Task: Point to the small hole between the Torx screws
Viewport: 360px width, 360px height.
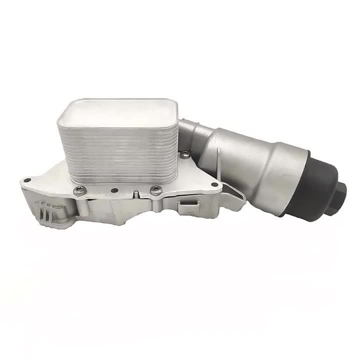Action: (x=116, y=189)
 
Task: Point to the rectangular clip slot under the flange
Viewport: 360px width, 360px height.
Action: (x=187, y=204)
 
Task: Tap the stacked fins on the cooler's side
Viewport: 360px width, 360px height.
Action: (x=120, y=150)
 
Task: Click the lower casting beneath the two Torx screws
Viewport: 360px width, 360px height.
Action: (x=120, y=210)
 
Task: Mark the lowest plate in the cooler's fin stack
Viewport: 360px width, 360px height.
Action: (x=120, y=178)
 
